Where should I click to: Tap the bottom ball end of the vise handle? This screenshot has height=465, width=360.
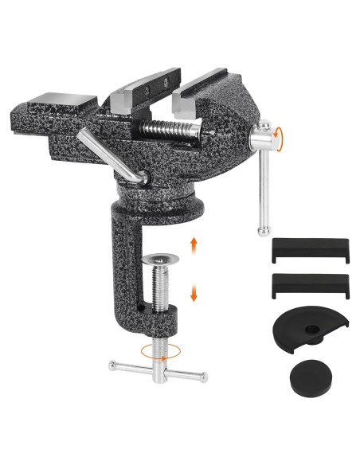pyautogui.click(x=261, y=231)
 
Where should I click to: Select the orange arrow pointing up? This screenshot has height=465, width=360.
pyautogui.click(x=194, y=244)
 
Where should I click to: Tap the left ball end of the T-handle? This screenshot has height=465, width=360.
pyautogui.click(x=113, y=366)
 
